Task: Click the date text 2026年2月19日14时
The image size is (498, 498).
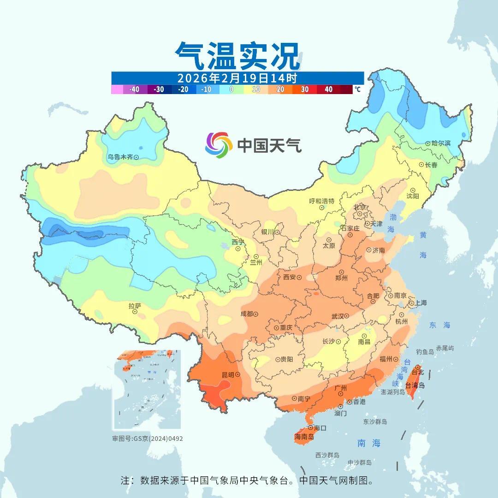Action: [x=237, y=78]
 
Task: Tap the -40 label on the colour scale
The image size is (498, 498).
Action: [x=135, y=89]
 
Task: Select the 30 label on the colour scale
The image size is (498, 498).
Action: [x=304, y=89]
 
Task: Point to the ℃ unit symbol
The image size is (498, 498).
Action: [x=357, y=89]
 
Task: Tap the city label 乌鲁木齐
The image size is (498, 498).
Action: [x=120, y=157]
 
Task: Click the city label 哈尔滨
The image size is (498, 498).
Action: [x=441, y=143]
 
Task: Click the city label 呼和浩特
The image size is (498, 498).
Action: [x=321, y=201]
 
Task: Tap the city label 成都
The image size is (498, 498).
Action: [x=246, y=314]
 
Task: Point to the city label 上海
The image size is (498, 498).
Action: [x=421, y=303]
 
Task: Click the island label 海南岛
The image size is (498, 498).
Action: [x=304, y=437]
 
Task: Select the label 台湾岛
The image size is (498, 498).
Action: [x=415, y=385]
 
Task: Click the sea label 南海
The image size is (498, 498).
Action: [x=369, y=443]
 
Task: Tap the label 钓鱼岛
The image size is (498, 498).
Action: [x=425, y=352]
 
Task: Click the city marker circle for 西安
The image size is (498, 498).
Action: [x=299, y=278]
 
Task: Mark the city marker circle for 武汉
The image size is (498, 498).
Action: [x=347, y=316]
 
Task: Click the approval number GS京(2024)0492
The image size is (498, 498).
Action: [x=158, y=439]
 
